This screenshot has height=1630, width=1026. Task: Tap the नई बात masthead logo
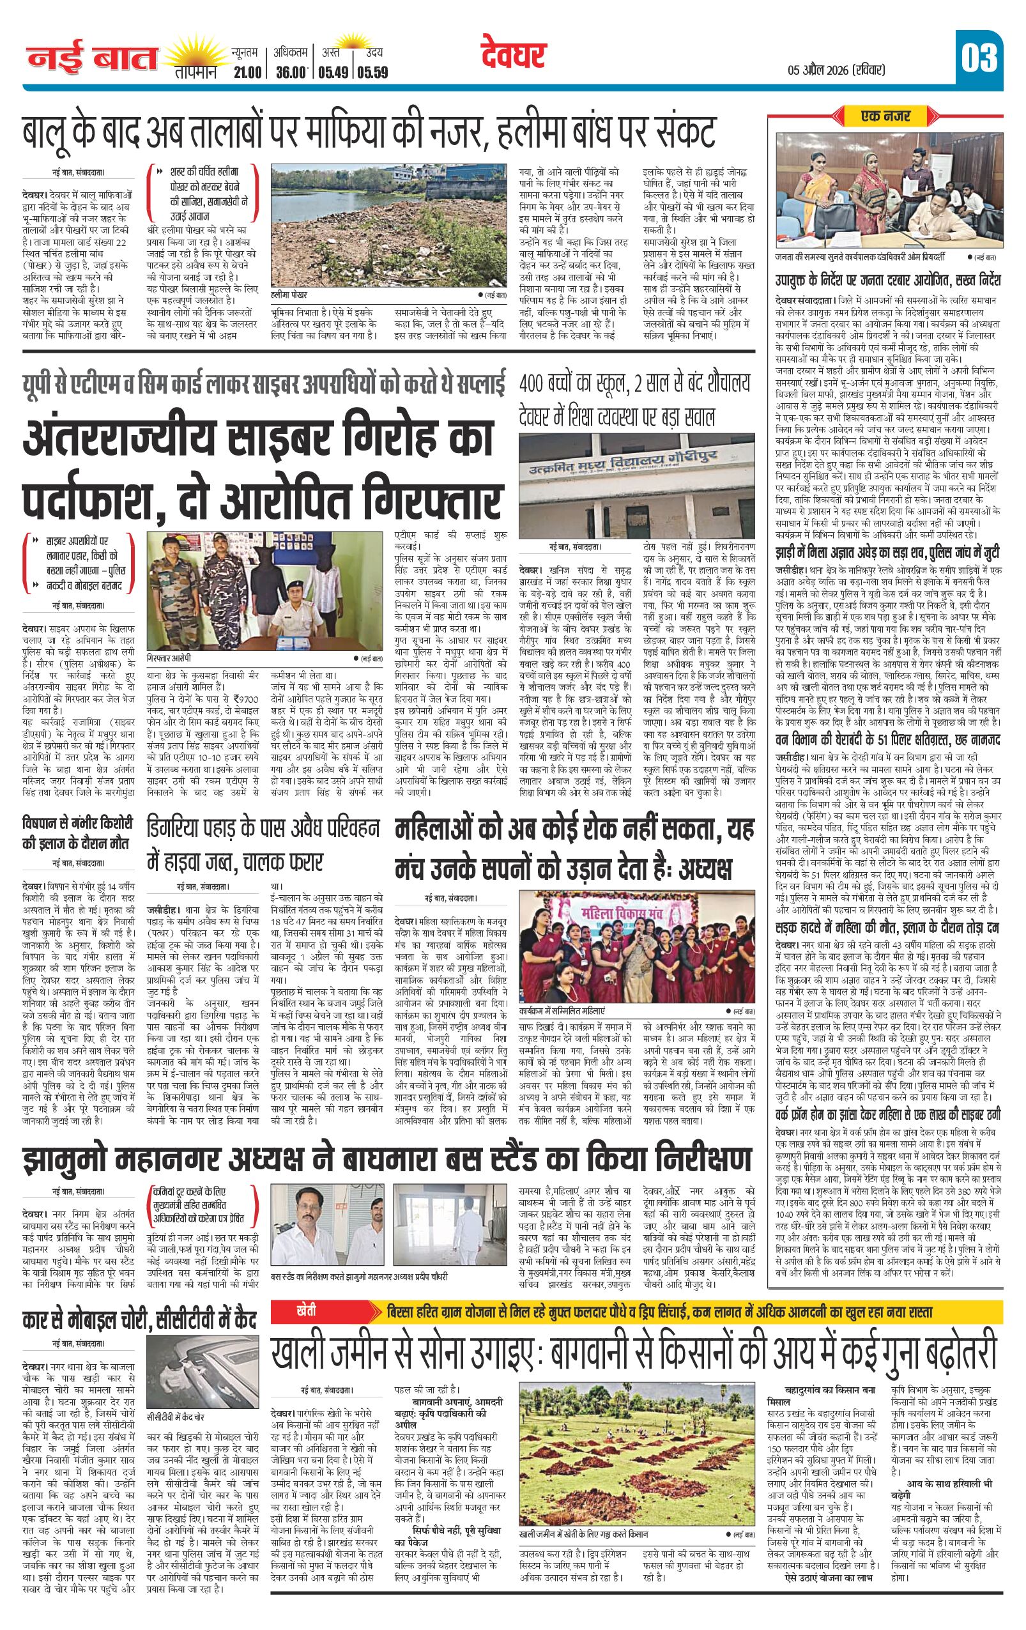(93, 59)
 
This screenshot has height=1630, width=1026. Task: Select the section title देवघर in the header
(514, 56)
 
